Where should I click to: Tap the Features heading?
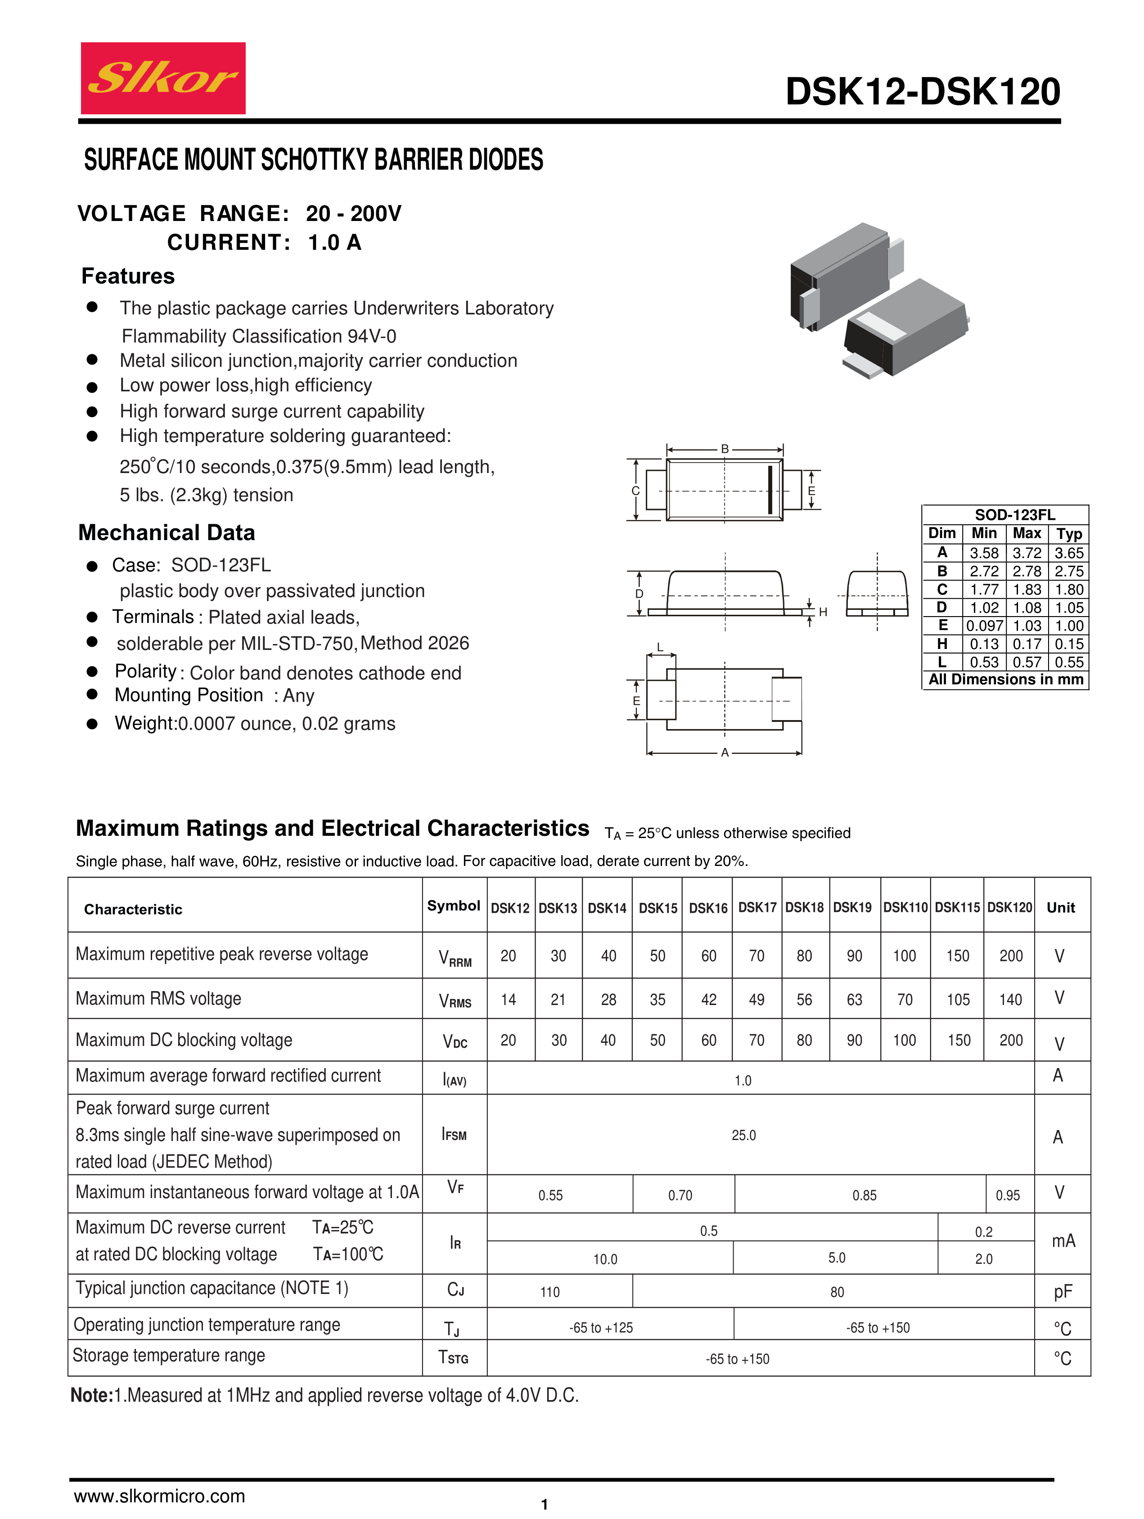128,276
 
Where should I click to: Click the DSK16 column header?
708,908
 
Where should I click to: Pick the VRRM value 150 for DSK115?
958,956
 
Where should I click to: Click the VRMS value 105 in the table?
958,1000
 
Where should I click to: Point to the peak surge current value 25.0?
743,1135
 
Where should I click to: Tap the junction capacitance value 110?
550,1292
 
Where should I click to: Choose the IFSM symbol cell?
454,1135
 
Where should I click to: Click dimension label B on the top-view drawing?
725,449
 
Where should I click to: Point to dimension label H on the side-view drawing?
823,612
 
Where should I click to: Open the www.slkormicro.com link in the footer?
159,1496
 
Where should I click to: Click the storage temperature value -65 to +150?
738,1359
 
